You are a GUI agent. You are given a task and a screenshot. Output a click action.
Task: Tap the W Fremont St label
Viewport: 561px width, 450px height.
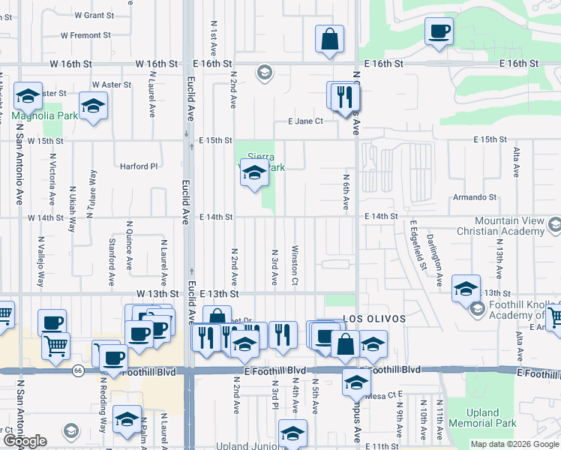pos(85,35)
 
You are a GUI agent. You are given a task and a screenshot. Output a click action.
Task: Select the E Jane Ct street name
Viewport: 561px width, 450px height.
pos(305,121)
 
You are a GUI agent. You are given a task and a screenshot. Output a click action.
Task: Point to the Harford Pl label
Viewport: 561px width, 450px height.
pos(139,166)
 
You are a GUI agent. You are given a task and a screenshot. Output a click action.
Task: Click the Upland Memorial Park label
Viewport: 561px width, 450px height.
pos(482,418)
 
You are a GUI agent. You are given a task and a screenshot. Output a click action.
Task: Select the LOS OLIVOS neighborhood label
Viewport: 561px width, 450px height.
pos(374,319)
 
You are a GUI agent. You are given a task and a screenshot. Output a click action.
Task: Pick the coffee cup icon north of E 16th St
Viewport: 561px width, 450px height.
pos(439,31)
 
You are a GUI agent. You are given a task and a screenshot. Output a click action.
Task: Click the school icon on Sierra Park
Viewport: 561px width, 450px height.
pos(254,174)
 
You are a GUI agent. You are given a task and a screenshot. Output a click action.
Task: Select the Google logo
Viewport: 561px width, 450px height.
pos(25,441)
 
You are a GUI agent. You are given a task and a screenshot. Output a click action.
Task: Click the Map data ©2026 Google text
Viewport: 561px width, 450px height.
pos(514,444)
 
